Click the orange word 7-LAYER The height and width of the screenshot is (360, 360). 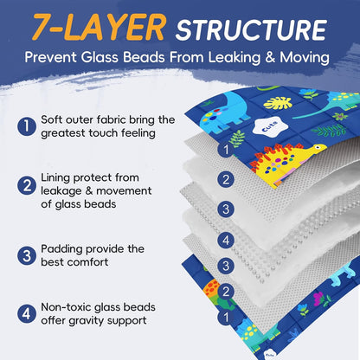tap(99, 28)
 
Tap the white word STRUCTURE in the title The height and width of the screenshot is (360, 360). tap(251, 30)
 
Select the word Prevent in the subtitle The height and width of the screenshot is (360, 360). tap(51, 57)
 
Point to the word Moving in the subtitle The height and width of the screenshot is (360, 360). tap(305, 57)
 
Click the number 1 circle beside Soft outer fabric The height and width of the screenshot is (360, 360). tap(27, 126)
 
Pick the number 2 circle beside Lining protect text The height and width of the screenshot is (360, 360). tap(27, 185)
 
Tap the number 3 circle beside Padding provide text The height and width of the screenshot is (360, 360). tap(27, 255)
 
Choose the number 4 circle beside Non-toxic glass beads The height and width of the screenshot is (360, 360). tap(27, 313)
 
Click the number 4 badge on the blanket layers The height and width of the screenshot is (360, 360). tap(226, 240)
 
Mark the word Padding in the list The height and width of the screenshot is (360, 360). tap(61, 249)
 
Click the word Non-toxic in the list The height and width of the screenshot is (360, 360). tap(67, 307)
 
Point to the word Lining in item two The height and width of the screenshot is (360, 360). tap(55, 178)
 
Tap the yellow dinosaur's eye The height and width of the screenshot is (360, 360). tap(318, 147)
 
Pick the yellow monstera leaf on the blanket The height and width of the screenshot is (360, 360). tap(278, 103)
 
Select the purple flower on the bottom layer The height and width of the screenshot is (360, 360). tap(318, 299)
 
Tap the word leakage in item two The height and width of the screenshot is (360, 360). tap(61, 191)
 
